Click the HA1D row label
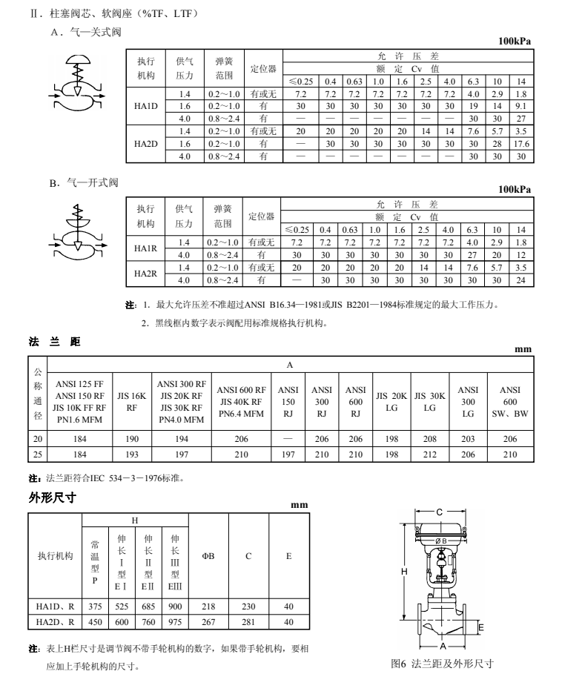(x=145, y=106)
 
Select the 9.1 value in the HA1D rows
(x=520, y=106)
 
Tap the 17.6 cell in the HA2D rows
(x=520, y=144)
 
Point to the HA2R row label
(x=145, y=274)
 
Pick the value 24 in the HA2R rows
(x=520, y=280)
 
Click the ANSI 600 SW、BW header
(x=510, y=401)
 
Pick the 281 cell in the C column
(x=248, y=623)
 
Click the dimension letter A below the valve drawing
(x=442, y=642)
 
